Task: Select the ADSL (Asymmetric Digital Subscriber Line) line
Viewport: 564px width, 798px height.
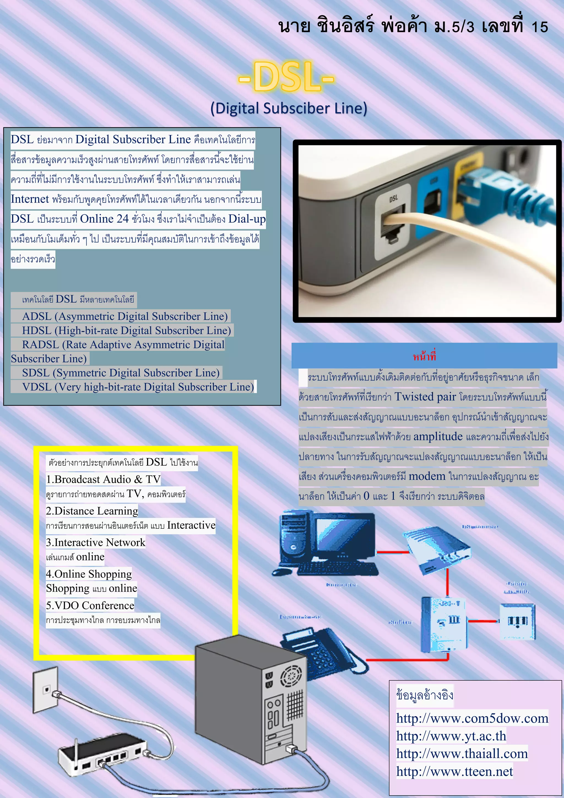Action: pyautogui.click(x=125, y=316)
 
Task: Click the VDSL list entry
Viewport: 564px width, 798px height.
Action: pyautogui.click(x=138, y=387)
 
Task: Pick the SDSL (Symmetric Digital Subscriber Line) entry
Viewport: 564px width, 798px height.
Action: pyautogui.click(x=121, y=373)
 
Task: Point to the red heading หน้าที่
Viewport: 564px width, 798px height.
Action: pyautogui.click(x=424, y=356)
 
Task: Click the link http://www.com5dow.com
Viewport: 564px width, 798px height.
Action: pyautogui.click(x=472, y=718)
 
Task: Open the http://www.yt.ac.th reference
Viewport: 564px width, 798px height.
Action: pyautogui.click(x=451, y=736)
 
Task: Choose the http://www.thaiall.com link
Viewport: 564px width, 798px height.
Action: pyautogui.click(x=462, y=754)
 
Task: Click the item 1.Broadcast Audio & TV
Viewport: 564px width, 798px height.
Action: pyautogui.click(x=103, y=479)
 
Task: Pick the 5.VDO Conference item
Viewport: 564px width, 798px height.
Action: pyautogui.click(x=90, y=605)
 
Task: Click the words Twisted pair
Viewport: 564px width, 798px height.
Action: pyautogui.click(x=425, y=397)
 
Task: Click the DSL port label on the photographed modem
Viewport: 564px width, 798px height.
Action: pyautogui.click(x=394, y=198)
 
